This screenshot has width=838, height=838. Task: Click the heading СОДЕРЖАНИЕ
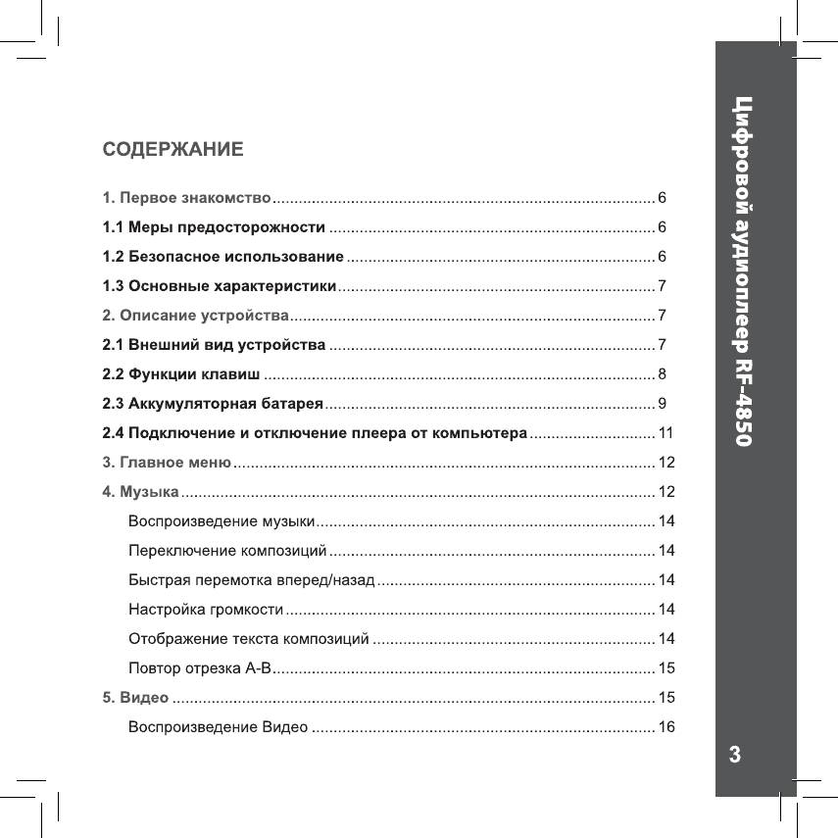[173, 150]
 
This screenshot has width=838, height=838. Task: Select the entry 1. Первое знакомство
[186, 199]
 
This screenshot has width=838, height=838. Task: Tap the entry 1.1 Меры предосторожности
[214, 228]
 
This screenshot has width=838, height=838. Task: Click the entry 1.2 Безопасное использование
[222, 257]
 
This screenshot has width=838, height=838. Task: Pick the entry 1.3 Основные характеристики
[220, 286]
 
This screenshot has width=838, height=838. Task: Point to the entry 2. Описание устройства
[195, 316]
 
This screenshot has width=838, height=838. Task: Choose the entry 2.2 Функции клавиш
[181, 374]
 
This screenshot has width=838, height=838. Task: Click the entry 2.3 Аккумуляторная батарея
[213, 403]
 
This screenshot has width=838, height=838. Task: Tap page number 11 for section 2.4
[665, 432]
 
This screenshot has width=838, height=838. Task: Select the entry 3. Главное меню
[167, 462]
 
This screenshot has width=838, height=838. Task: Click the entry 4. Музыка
[140, 491]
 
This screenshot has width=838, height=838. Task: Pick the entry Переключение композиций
[227, 550]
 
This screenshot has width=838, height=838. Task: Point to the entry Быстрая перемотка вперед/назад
[251, 579]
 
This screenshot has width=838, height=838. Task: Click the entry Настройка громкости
[206, 610]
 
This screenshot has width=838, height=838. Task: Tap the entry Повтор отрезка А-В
[198, 668]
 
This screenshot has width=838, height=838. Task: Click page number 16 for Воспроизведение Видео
[666, 727]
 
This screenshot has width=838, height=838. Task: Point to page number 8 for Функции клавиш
[663, 374]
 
